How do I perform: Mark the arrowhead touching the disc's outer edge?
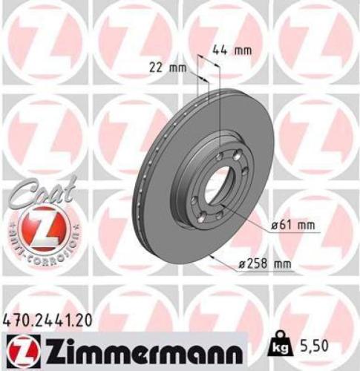tap(213, 255)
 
